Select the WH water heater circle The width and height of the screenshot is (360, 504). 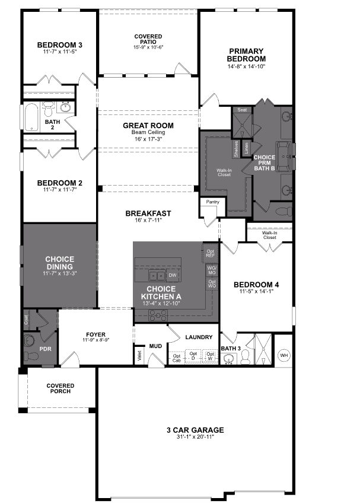coord(283,355)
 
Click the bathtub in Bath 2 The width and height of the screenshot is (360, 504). coord(31,117)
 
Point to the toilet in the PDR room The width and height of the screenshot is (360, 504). coord(30,341)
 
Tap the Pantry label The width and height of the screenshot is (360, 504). coord(212,202)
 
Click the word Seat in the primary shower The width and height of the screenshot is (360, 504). coord(242,110)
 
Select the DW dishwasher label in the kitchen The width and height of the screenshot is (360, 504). coord(173,275)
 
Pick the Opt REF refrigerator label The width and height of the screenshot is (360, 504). coord(211,253)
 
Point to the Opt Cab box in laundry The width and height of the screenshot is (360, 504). coord(177,358)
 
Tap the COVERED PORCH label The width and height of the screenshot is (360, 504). coord(60,388)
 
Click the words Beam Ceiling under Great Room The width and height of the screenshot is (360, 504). coord(148,132)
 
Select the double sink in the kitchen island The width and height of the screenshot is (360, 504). coord(157,275)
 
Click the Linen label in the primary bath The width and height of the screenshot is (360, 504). coord(247,146)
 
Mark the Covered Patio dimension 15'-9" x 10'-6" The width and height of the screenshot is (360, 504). coord(148,47)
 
